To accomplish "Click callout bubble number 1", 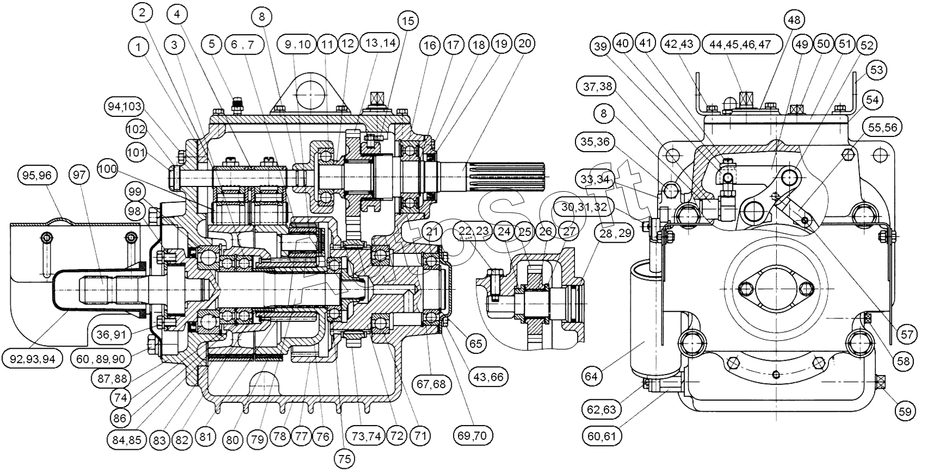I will pyautogui.click(x=139, y=47).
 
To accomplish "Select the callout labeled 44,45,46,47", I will pyautogui.click(x=740, y=45).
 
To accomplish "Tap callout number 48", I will pyautogui.click(x=794, y=20).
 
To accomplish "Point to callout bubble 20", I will pyautogui.click(x=524, y=44).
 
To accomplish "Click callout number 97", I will pyautogui.click(x=79, y=176).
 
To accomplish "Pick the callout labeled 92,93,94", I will pyautogui.click(x=32, y=359).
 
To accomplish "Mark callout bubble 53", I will pyautogui.click(x=876, y=70).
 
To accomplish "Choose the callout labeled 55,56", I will pyautogui.click(x=881, y=127).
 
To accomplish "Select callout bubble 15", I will pyautogui.click(x=407, y=21).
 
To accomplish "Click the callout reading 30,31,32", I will pyautogui.click(x=584, y=207).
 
